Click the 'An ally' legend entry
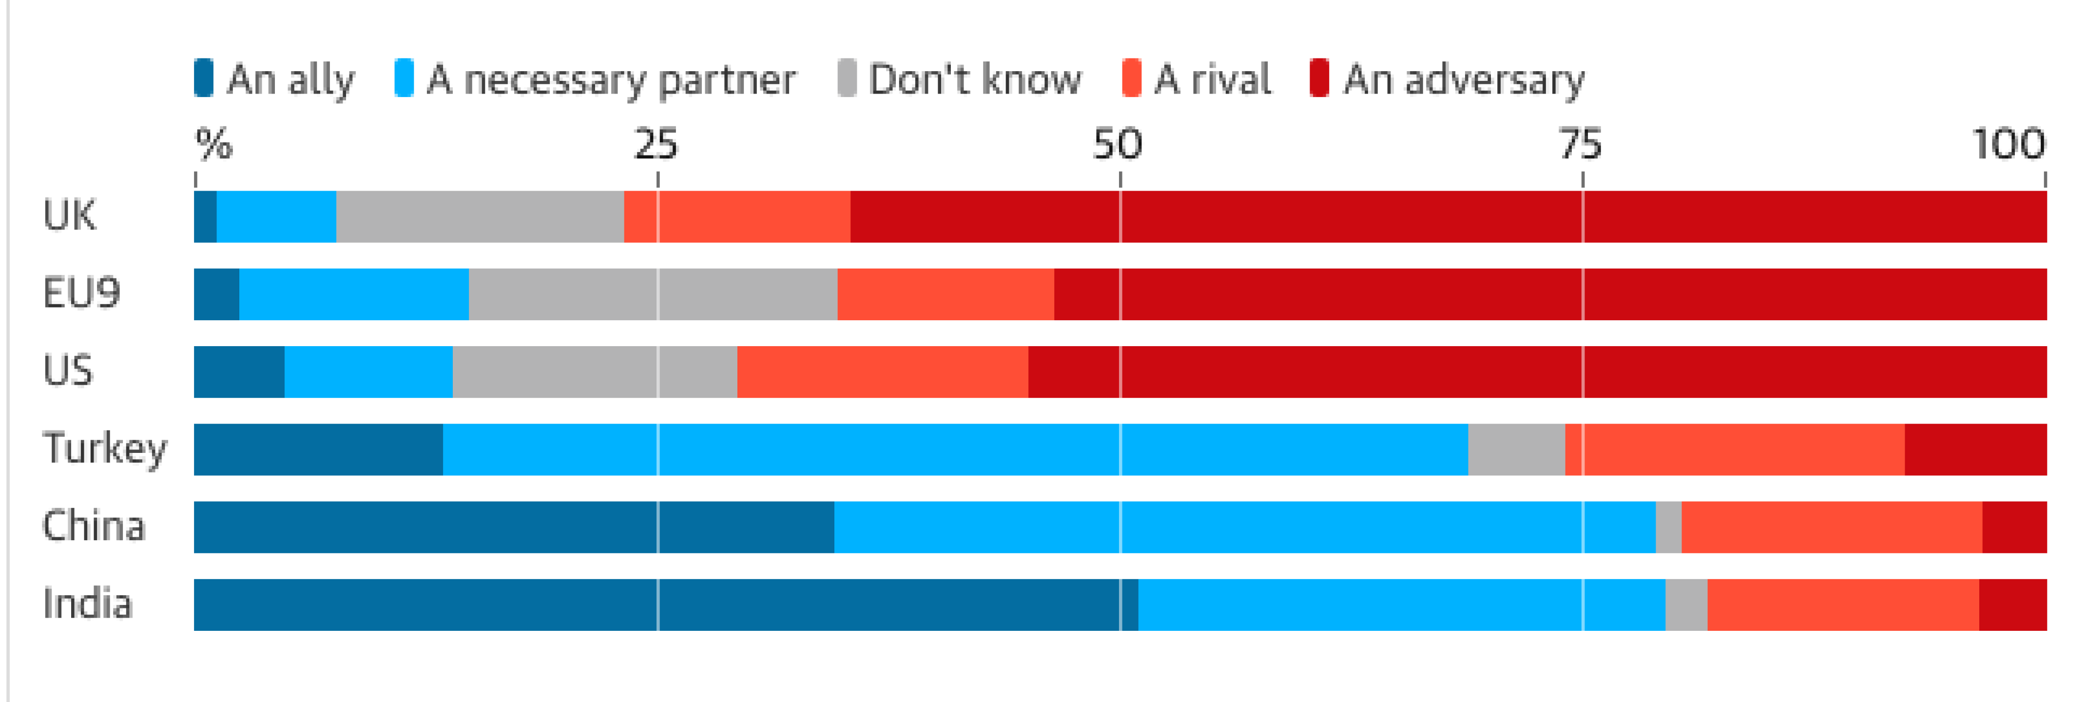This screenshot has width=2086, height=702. [275, 79]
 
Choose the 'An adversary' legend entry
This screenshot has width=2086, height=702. [1448, 79]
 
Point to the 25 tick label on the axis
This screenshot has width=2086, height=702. [656, 144]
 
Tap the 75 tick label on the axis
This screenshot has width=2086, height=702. [1581, 144]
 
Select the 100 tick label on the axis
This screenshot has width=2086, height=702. [2008, 144]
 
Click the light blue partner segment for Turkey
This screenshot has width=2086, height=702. [956, 449]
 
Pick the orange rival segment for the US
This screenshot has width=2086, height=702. [883, 371]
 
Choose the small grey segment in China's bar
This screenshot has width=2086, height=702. [1668, 527]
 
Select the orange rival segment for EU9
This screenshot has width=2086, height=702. [946, 294]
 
